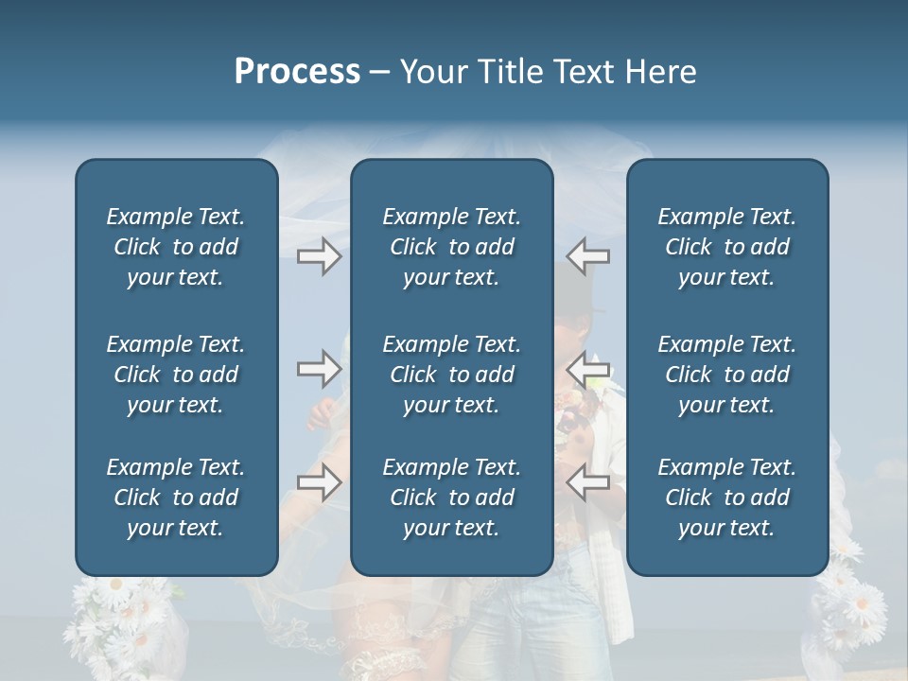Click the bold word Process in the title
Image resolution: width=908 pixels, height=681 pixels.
click(x=297, y=72)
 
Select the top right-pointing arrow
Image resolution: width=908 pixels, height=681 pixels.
click(x=320, y=255)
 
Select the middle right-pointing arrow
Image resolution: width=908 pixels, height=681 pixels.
click(x=320, y=368)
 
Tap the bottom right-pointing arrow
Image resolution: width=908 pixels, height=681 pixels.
click(x=320, y=481)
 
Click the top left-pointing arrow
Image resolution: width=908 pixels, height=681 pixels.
click(x=587, y=255)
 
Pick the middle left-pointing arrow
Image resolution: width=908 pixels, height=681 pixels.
click(x=587, y=368)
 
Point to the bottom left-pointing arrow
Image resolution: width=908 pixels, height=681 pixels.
click(x=587, y=481)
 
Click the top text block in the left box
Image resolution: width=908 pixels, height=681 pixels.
click(x=176, y=247)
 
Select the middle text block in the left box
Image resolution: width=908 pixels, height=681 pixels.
click(x=176, y=375)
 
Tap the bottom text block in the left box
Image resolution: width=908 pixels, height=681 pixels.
click(x=176, y=498)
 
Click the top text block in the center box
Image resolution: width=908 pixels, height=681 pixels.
click(x=451, y=247)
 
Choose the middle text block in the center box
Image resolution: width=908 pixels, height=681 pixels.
click(x=451, y=375)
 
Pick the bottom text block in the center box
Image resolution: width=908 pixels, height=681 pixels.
click(x=451, y=498)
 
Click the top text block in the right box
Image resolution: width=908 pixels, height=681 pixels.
click(x=726, y=247)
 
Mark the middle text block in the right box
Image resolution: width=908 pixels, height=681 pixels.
click(x=726, y=375)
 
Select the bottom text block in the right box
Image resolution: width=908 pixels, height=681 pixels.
click(x=726, y=498)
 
